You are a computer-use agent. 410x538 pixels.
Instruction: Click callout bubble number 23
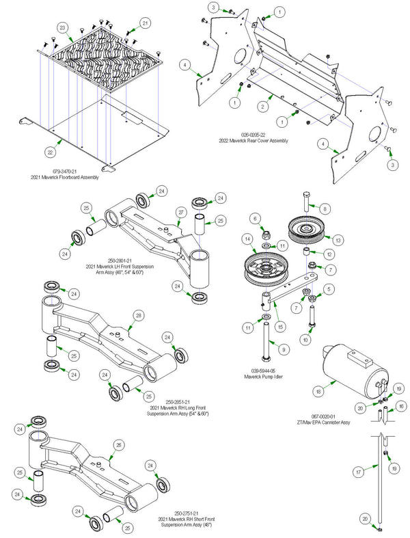[63, 28]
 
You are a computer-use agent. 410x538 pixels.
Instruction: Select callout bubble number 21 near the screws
[146, 23]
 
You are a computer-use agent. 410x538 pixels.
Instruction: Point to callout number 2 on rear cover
[261, 107]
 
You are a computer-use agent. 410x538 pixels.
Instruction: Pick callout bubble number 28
[139, 315]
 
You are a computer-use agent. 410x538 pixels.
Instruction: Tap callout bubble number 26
[118, 445]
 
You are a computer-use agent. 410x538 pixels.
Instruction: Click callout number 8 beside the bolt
[325, 208]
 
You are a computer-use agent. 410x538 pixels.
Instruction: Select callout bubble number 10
[305, 340]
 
